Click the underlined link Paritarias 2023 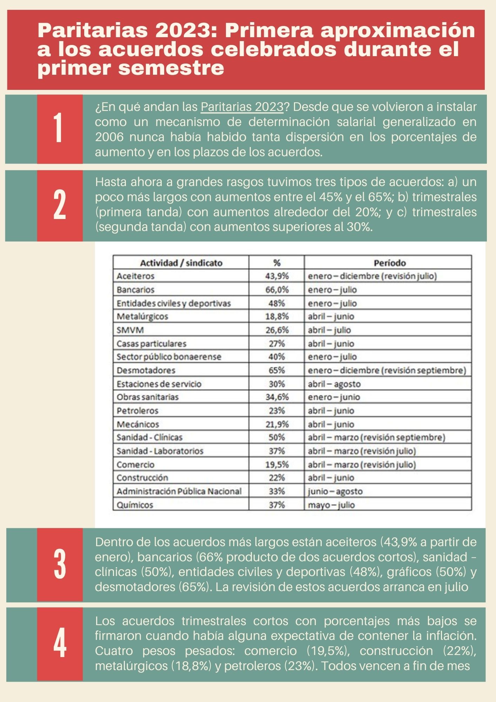pos(242,107)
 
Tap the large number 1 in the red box pos(59,128)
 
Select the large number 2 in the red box pos(60,205)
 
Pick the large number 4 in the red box pos(60,644)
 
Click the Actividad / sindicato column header pos(181,263)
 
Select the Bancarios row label pos(136,290)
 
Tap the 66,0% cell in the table pos(276,290)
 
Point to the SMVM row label pos(130,330)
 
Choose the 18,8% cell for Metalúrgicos pos(276,317)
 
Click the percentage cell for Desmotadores pos(276,371)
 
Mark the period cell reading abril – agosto pos(334,384)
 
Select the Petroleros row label pos(138,411)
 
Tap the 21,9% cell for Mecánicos pos(276,424)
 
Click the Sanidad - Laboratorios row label pos(160,451)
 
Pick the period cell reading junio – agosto pos(335,492)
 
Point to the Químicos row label pos(135,505)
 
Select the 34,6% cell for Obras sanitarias pos(276,397)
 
